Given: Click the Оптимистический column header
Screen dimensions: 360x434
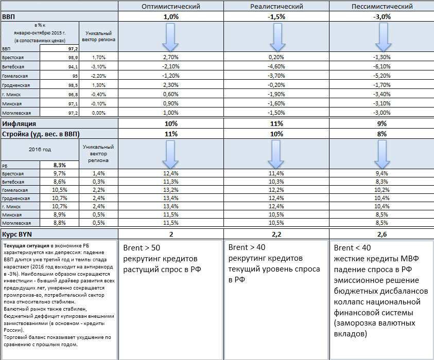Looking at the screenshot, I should tap(170, 7).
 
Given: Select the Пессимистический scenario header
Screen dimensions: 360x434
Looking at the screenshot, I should tap(381, 7).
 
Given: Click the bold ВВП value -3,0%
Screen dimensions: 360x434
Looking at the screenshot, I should tap(381, 16).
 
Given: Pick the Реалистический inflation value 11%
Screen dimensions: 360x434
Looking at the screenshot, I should tap(276, 124).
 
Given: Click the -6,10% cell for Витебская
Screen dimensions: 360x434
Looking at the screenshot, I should tap(381, 67).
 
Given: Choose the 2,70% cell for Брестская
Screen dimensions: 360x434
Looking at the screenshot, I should tap(170, 57).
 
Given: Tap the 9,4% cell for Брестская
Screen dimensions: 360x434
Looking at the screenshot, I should tap(381, 174).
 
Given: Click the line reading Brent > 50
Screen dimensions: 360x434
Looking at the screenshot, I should tap(141, 247).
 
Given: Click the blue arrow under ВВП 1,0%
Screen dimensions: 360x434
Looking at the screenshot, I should tap(170, 37).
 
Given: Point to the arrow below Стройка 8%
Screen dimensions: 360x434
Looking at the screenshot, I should tap(381, 154).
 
